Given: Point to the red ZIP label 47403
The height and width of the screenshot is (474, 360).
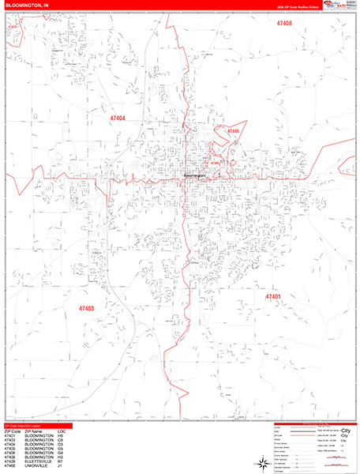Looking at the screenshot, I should (x=86, y=308).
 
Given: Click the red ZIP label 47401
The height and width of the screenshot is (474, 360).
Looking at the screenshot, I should (x=273, y=297).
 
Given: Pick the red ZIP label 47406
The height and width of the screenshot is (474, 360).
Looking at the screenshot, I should (x=232, y=130).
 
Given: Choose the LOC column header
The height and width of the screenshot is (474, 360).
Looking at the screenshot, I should (x=62, y=431).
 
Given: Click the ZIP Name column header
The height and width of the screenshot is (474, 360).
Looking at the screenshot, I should (x=35, y=431).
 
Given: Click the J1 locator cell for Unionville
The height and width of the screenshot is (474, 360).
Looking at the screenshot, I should (x=61, y=468).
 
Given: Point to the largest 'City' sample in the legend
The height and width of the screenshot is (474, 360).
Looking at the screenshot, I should (x=343, y=431).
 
